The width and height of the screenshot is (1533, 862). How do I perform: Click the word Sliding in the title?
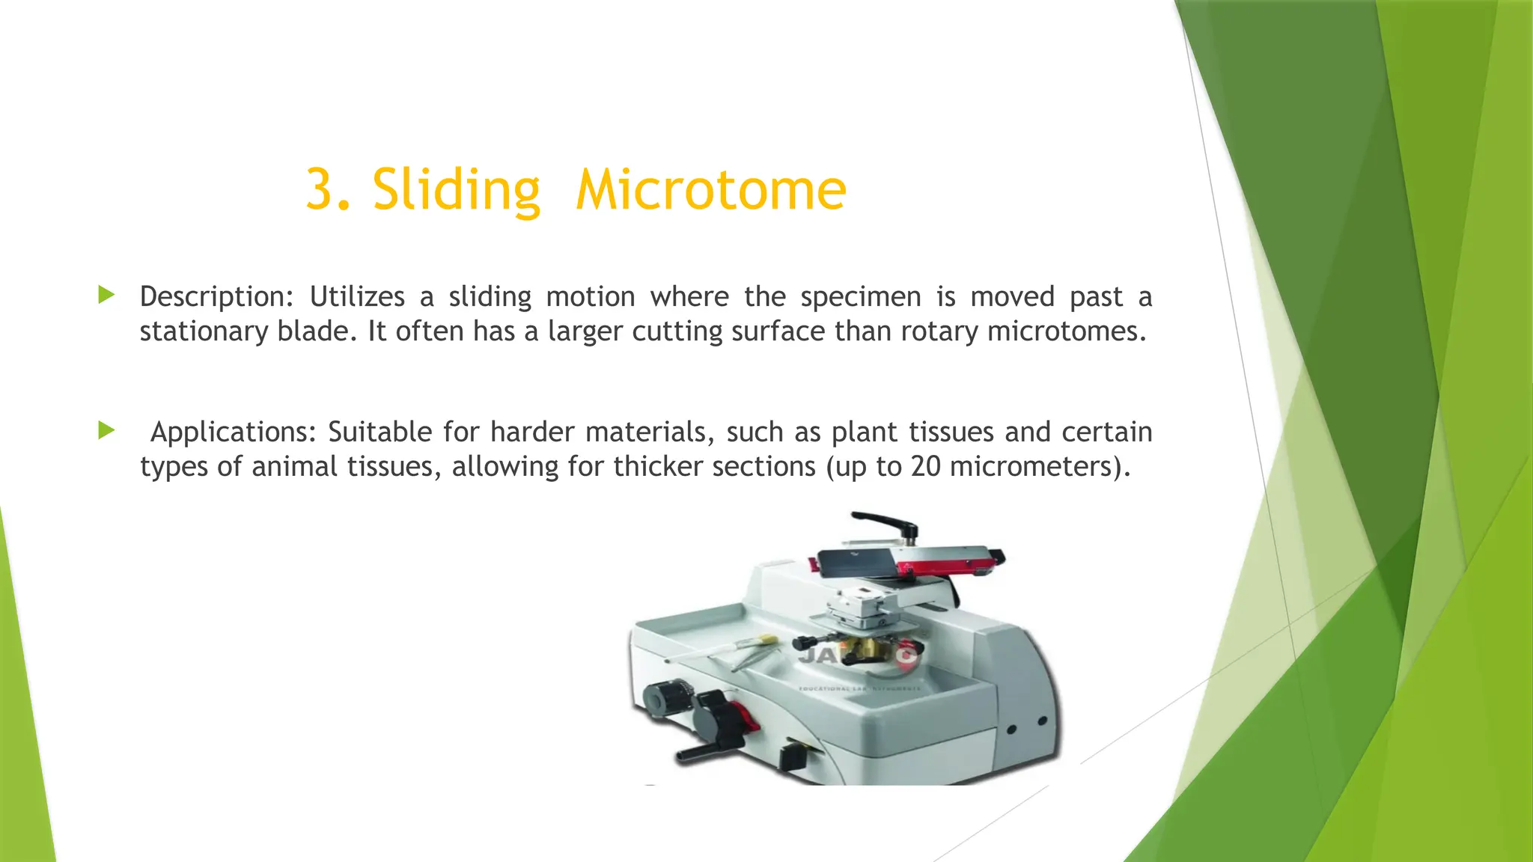point(456,190)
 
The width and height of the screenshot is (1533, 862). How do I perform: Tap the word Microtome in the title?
point(711,190)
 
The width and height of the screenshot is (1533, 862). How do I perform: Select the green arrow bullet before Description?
point(106,295)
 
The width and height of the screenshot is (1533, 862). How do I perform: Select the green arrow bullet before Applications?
point(106,430)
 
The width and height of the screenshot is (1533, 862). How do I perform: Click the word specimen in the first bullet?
point(860,297)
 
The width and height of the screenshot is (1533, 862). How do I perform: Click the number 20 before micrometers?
point(925,466)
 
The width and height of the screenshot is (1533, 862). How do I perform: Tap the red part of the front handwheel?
point(749,721)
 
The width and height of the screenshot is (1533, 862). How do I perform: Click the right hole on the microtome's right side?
point(1041,721)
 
